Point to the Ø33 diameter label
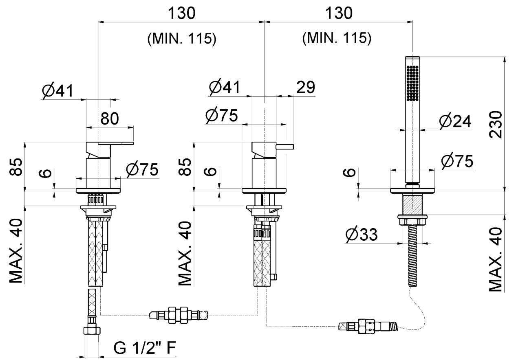pos(361,235)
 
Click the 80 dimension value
pos(109,119)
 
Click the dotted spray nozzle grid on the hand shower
pos(413,83)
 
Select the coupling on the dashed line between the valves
pos(179,314)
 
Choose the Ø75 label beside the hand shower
pos(457,162)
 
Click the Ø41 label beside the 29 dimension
pos(224,87)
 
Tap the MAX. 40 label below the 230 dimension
pos(496,260)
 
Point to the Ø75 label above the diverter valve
pos(221,116)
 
